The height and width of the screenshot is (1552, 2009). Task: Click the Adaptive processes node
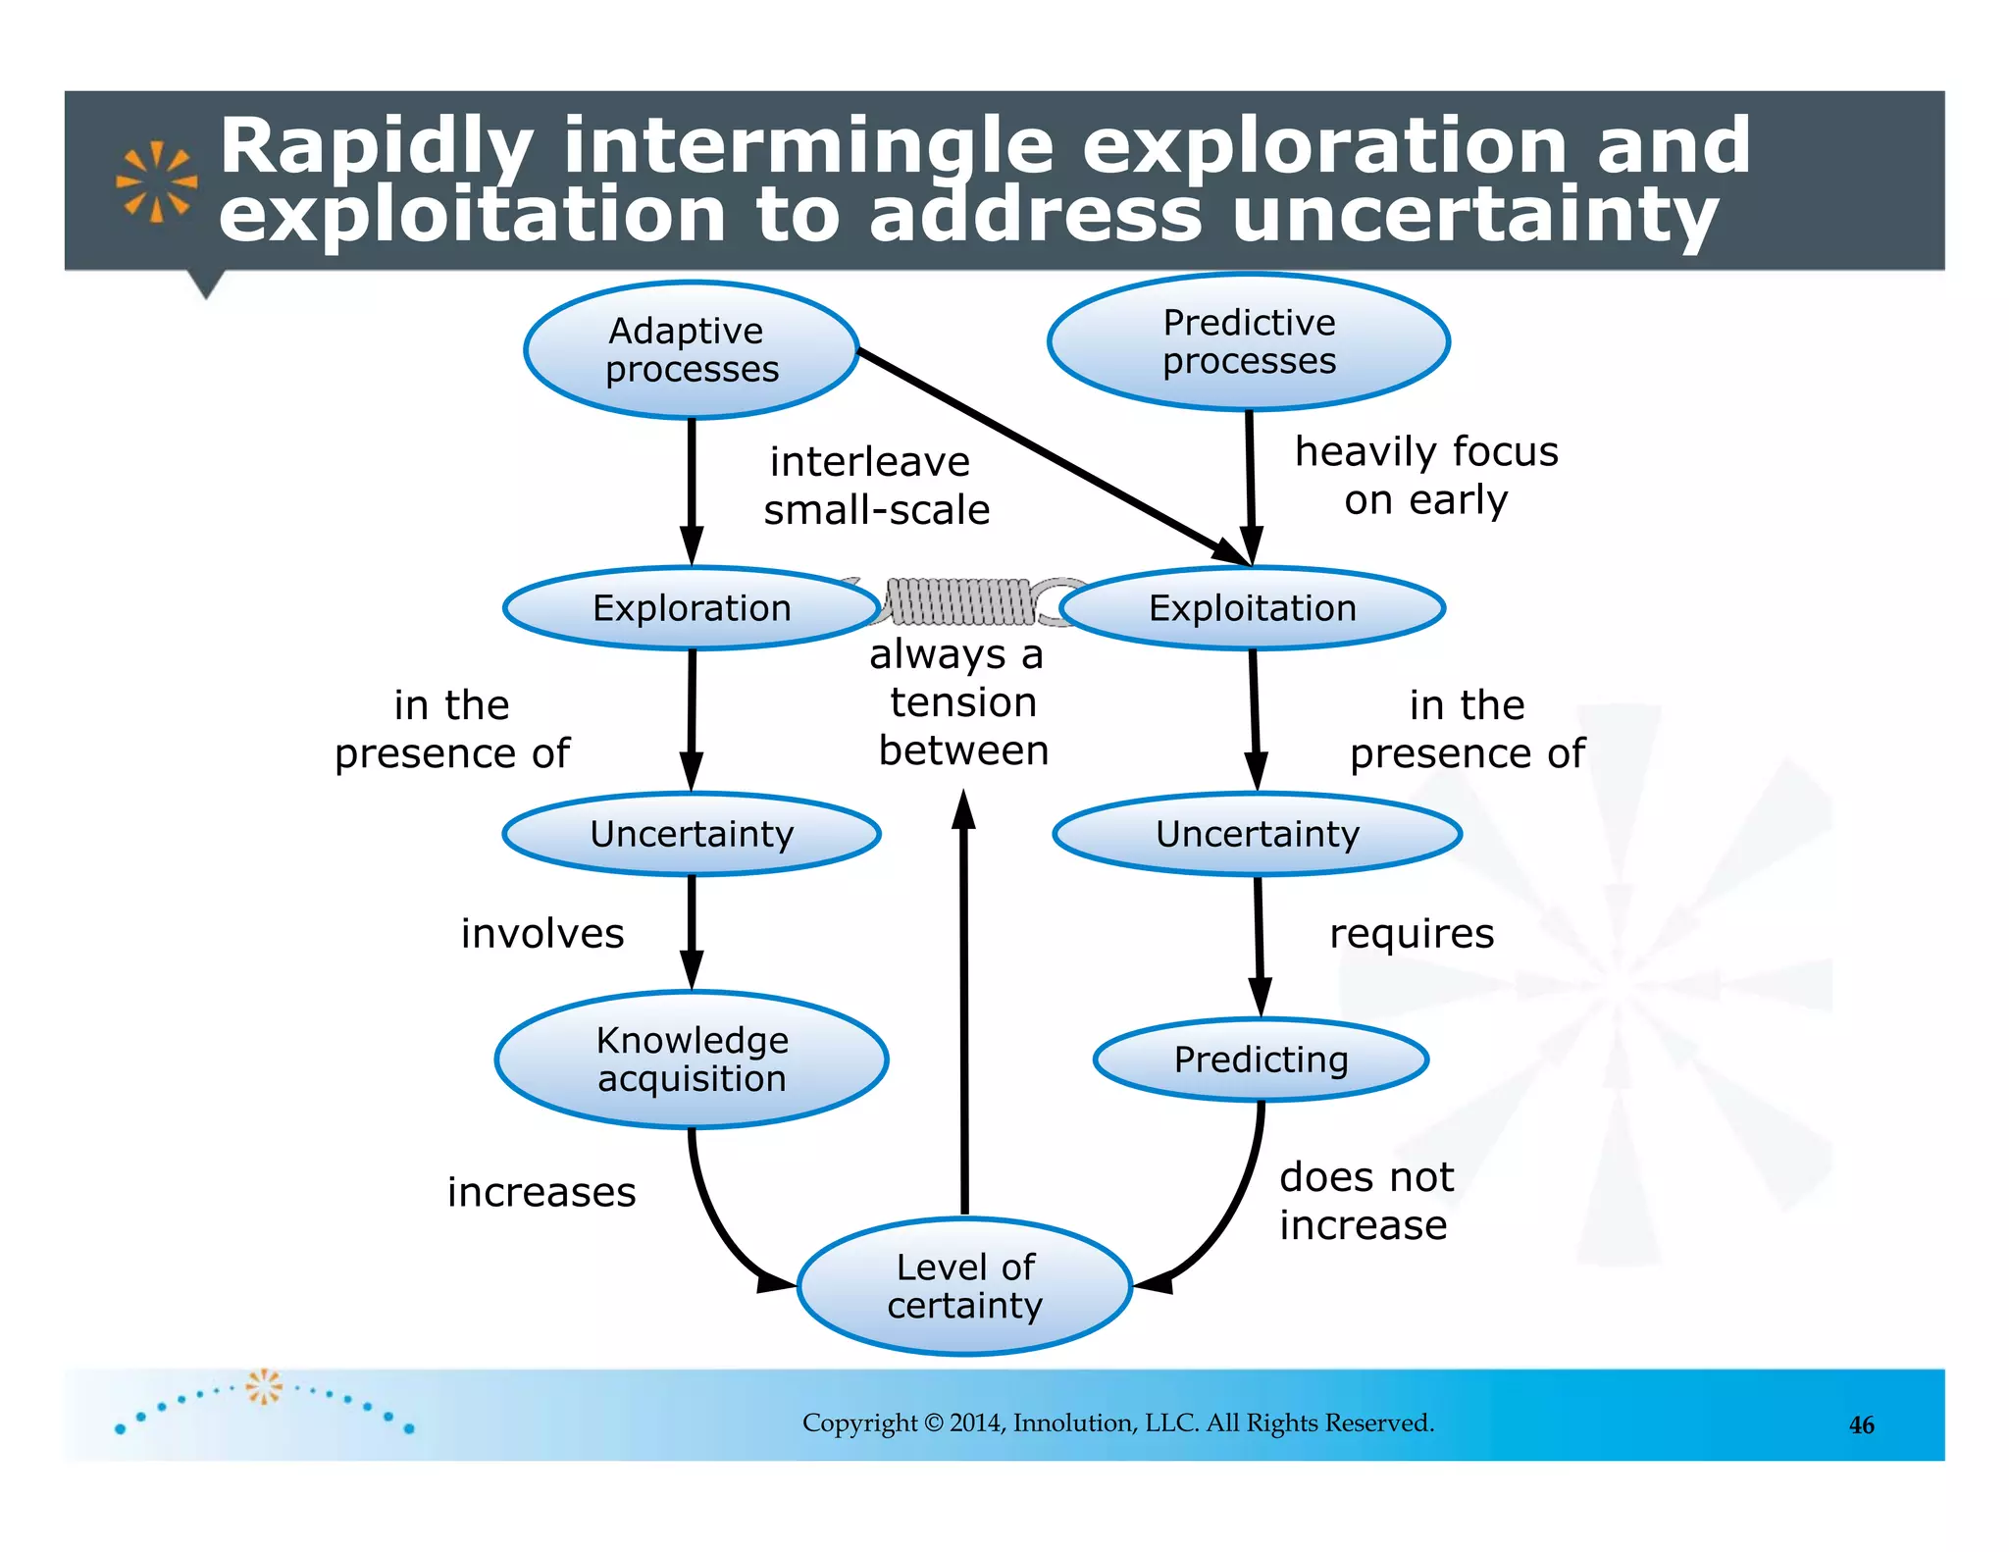click(x=692, y=350)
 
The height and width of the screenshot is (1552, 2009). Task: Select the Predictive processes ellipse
click(x=1249, y=341)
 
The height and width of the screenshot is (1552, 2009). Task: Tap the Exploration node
click(x=692, y=608)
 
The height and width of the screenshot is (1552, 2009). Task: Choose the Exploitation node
click(x=1253, y=608)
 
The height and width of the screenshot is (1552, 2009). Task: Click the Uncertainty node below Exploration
click(x=692, y=834)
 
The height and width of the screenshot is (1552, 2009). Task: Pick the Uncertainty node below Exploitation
click(x=1258, y=834)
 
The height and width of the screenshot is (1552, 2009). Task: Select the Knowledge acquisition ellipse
click(x=692, y=1060)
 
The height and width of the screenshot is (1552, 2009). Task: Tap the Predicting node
click(x=1261, y=1060)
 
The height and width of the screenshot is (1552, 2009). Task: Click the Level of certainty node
click(x=965, y=1286)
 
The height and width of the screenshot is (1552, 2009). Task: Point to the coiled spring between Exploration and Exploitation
click(x=961, y=601)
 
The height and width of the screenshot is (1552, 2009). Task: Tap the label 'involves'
click(x=542, y=933)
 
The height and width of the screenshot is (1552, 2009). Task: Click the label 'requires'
click(x=1412, y=933)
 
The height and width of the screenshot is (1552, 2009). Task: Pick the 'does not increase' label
click(x=1365, y=1201)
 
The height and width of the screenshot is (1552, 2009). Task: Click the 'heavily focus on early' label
click(x=1426, y=476)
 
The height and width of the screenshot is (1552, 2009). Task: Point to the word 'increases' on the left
click(x=541, y=1192)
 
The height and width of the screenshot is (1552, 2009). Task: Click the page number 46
click(x=1861, y=1425)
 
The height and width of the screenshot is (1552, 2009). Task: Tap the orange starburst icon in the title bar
click(x=156, y=182)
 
